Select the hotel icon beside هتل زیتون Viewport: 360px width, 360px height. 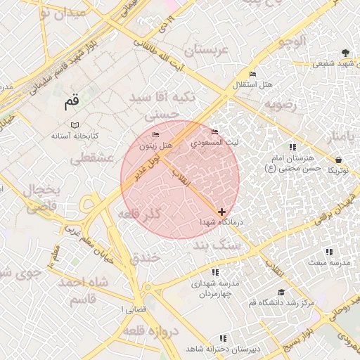(155, 134)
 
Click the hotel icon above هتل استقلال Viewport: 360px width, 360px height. (252, 75)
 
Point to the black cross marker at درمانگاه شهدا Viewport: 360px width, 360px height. (222, 211)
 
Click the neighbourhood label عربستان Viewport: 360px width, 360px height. (207, 51)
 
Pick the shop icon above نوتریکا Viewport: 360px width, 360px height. (339, 160)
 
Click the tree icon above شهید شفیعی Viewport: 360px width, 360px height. (345, 53)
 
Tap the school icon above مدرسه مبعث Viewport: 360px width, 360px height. (328, 252)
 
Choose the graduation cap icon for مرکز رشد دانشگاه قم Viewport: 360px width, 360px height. (281, 292)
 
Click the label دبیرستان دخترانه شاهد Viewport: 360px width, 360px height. (223, 349)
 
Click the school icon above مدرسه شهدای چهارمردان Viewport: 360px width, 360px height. (215, 272)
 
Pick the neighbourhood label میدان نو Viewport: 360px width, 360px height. (63, 12)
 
